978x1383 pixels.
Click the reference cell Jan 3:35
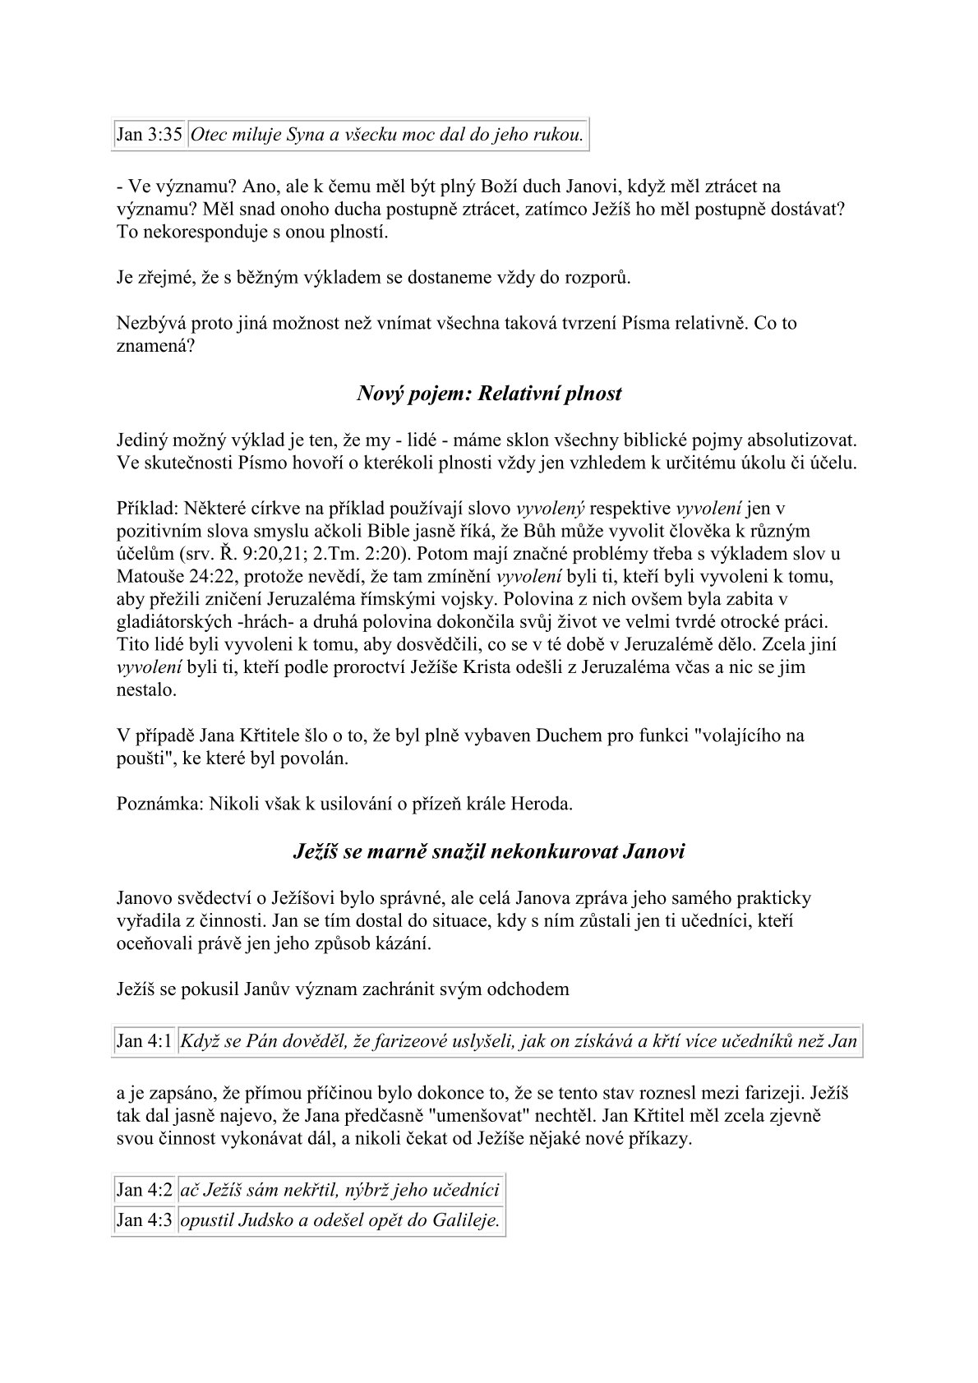150,136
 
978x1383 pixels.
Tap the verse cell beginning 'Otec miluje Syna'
387,136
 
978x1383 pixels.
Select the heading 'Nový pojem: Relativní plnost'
489,394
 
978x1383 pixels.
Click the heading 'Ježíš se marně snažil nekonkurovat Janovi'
489,852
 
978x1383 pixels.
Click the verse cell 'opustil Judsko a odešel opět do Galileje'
339,1220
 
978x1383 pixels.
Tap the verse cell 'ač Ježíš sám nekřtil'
339,1190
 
